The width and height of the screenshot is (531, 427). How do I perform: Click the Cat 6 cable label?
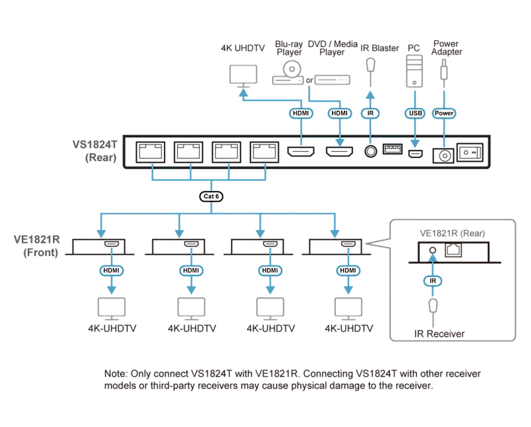coord(211,196)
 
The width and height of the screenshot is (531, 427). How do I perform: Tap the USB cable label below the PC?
coord(416,113)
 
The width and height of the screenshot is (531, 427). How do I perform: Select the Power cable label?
coord(444,113)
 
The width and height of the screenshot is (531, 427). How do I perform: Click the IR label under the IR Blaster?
coord(370,113)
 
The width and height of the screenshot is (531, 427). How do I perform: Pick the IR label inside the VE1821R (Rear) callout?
coord(433,281)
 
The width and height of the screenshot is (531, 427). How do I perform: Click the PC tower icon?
coord(414,71)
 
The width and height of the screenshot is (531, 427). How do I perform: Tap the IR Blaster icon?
coord(371,66)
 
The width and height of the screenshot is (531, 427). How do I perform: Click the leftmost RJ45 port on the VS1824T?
coord(151,152)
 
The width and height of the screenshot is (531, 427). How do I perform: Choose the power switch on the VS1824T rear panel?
coord(470,152)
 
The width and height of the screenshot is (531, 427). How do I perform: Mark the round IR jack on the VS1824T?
coord(370,152)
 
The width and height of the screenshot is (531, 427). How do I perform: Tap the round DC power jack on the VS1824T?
coord(444,156)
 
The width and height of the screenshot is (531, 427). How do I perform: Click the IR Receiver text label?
coord(439,334)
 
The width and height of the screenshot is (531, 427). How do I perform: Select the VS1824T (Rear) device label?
coord(95,151)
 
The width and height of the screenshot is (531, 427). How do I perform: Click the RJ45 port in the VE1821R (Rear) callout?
coord(453,251)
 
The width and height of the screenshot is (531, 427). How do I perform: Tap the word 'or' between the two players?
coord(309,80)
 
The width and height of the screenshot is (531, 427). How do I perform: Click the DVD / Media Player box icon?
coord(333,80)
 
